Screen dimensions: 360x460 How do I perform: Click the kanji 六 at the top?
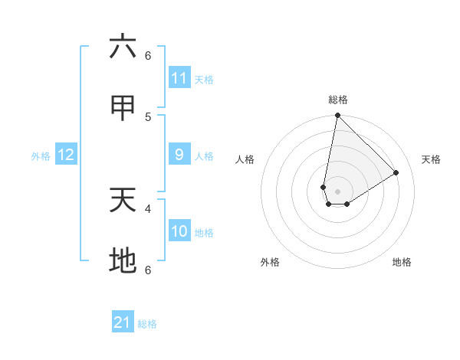pos(123,47)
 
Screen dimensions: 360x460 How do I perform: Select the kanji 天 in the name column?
pos(123,201)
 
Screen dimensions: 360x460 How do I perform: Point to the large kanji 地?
pos(123,261)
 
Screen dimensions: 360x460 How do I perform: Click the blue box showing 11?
pos(179,78)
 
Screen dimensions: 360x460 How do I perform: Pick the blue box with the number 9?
pos(179,155)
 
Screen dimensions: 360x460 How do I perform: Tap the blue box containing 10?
pos(179,231)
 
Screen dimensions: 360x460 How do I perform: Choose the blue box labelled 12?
pos(66,155)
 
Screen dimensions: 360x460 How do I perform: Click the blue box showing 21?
pos(123,322)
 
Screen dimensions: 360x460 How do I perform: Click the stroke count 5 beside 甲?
pos(148,116)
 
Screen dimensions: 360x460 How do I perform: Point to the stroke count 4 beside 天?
pos(148,208)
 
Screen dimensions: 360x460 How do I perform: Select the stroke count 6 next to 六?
pos(148,55)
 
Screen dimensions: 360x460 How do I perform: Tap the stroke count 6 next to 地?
pos(148,270)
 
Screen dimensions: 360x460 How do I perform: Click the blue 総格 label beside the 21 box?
pos(147,324)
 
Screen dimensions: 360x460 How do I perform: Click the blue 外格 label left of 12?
pos(41,156)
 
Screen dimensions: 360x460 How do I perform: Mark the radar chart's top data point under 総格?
pos(337,116)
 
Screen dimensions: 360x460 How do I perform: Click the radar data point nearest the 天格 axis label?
pos(396,172)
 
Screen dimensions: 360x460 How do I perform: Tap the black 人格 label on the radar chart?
pos(245,159)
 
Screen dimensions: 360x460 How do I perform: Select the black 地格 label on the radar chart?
pos(402,262)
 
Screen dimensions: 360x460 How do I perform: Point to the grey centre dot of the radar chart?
pos(337,191)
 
